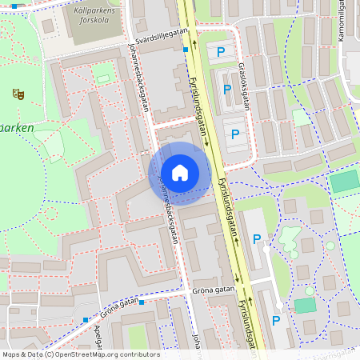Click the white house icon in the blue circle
click(179, 173)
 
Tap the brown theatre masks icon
click(18, 94)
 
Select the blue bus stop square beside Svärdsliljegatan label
click(186, 49)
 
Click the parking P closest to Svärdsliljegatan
click(221, 52)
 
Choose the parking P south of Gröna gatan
click(276, 321)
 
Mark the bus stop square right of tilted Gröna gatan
click(142, 302)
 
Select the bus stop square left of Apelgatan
click(86, 320)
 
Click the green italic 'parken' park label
click(16, 127)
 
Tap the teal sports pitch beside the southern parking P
click(305, 306)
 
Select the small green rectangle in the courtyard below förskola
click(102, 78)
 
